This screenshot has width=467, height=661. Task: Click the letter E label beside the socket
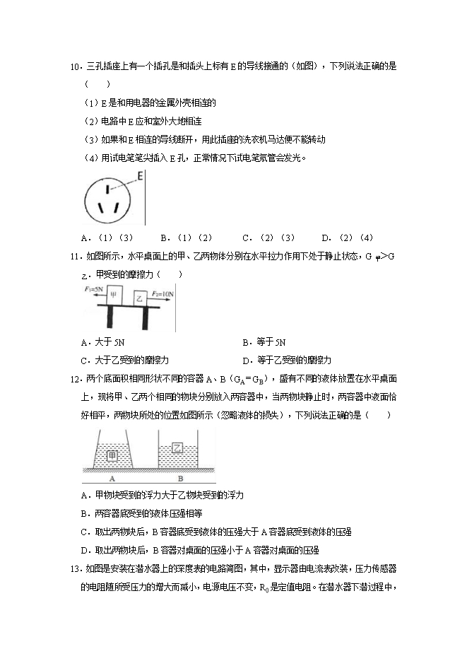[x=140, y=175]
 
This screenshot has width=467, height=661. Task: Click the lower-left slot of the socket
[x=100, y=208]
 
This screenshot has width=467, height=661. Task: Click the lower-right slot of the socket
[x=116, y=208]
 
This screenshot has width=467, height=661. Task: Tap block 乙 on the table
[x=141, y=299]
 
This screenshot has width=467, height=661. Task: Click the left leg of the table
[x=112, y=319]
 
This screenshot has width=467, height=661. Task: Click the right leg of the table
[x=145, y=319]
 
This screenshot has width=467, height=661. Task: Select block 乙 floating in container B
[x=177, y=447]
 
